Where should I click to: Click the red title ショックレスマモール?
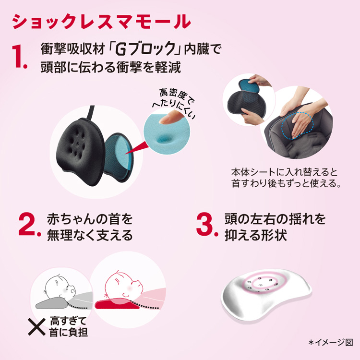[101, 21]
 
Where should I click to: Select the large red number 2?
[29, 224]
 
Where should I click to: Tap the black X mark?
[37, 326]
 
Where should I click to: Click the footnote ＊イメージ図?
[331, 343]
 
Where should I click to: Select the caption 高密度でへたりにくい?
[173, 102]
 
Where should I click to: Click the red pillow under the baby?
[117, 303]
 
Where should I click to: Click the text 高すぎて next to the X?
[68, 321]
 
